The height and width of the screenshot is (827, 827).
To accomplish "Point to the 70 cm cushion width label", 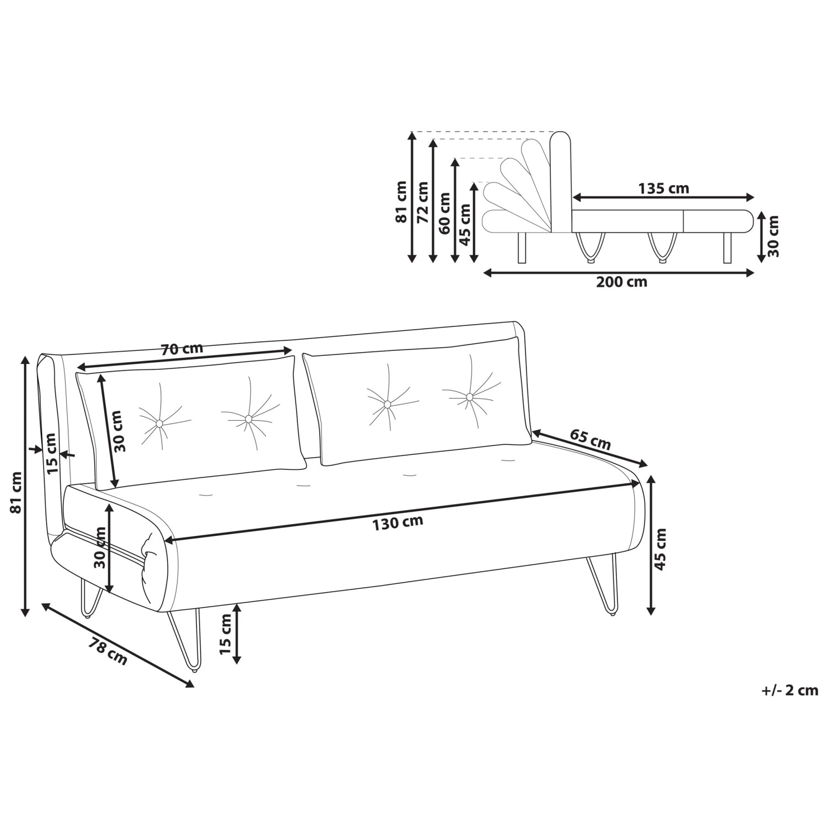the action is pyautogui.click(x=182, y=348).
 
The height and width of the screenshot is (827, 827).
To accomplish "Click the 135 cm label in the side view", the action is pyautogui.click(x=664, y=188).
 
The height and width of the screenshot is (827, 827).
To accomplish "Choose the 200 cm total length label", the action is pyautogui.click(x=622, y=282).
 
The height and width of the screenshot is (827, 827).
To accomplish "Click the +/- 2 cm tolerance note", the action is pyautogui.click(x=791, y=690).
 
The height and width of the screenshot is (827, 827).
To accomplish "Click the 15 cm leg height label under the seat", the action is pyautogui.click(x=225, y=633).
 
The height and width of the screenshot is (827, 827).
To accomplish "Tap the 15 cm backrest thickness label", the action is pyautogui.click(x=51, y=453).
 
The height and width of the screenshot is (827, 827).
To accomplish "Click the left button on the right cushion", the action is pyautogui.click(x=387, y=405).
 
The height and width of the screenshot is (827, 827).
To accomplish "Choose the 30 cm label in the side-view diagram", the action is pyautogui.click(x=774, y=236).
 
